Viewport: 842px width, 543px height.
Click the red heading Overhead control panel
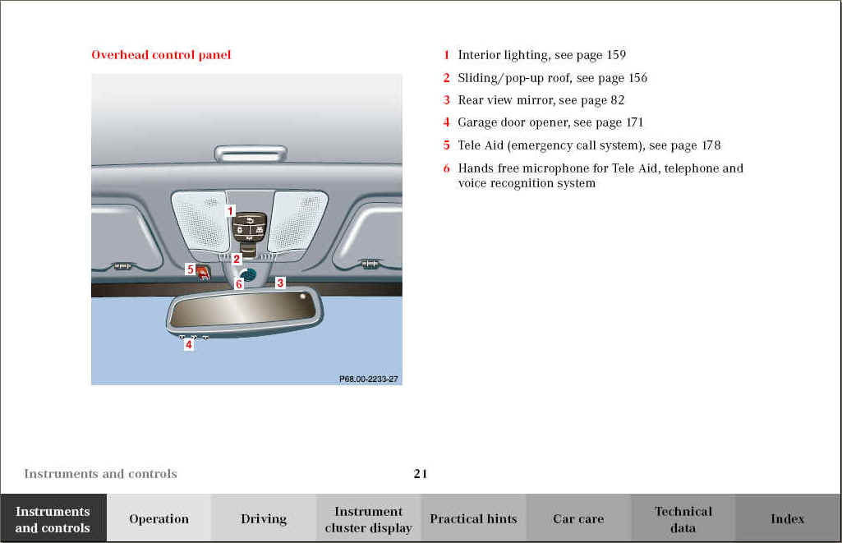pos(161,55)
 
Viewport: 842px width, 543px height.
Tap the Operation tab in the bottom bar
pos(159,518)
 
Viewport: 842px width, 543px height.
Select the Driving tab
pos(264,518)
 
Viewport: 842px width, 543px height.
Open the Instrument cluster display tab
pos(368,519)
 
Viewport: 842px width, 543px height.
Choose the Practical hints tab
pos(473,518)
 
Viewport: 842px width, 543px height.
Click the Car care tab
pos(578,518)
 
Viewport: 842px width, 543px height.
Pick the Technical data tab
pos(683,519)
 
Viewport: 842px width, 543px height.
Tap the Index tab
pos(787,518)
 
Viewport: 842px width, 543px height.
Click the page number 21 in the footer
pos(421,474)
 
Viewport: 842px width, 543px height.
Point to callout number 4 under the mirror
pos(188,344)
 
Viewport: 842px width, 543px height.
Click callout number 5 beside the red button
pos(190,269)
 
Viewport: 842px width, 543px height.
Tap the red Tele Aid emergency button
pos(202,274)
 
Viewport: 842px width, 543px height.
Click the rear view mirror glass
pos(242,309)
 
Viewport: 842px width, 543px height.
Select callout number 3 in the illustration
pos(280,283)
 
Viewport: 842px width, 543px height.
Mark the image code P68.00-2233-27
pos(368,380)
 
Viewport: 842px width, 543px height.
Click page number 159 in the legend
pos(616,55)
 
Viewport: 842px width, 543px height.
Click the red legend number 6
pos(446,168)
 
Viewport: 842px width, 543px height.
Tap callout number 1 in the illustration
pos(230,211)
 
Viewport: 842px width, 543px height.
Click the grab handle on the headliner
pos(251,154)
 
